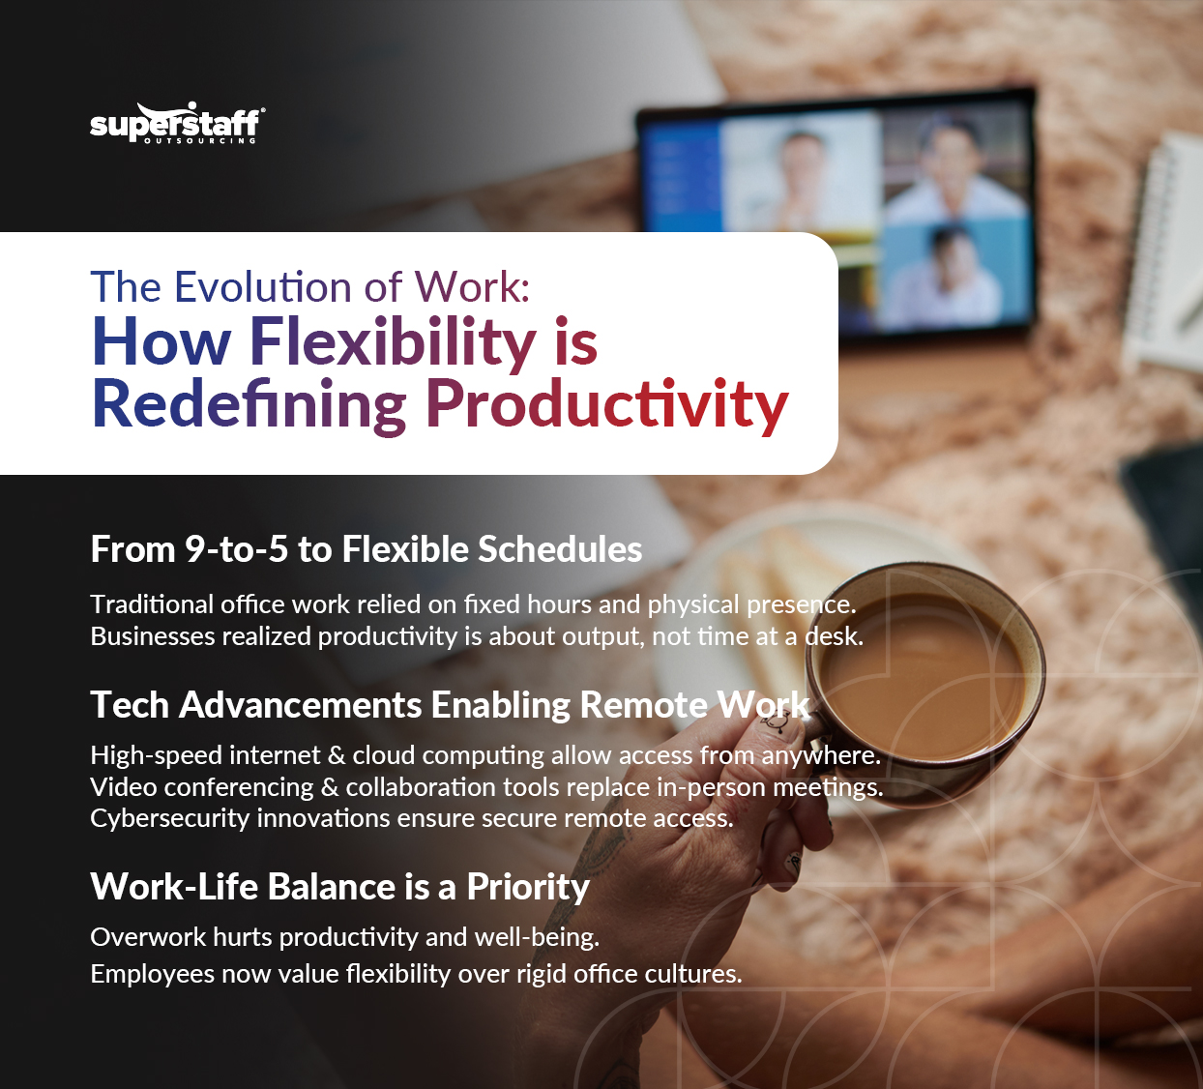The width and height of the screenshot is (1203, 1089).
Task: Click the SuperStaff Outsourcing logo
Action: pyautogui.click(x=176, y=124)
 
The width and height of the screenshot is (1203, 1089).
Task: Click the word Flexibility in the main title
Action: pyautogui.click(x=393, y=342)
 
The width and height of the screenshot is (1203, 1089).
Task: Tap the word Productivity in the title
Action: pyautogui.click(x=606, y=404)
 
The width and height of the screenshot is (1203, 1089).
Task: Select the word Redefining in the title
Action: pyautogui.click(x=249, y=404)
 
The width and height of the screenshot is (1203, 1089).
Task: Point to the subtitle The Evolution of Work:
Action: pyautogui.click(x=310, y=287)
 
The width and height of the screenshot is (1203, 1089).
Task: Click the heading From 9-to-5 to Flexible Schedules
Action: pyautogui.click(x=366, y=549)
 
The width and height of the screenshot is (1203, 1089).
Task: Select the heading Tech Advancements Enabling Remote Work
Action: pyautogui.click(x=450, y=705)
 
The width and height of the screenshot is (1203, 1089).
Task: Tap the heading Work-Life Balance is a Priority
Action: pyautogui.click(x=339, y=887)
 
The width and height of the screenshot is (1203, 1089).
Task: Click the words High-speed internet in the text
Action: pyautogui.click(x=204, y=755)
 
